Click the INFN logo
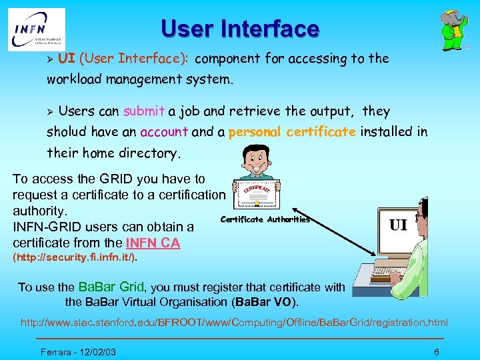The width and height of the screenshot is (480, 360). (37, 29)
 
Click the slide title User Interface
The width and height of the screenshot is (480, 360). (240, 29)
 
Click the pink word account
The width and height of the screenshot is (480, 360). (164, 132)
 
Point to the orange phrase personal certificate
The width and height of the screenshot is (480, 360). (292, 132)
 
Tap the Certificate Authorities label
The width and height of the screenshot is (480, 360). (265, 219)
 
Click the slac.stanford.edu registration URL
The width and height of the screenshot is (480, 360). (234, 323)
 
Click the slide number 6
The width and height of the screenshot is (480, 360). (436, 351)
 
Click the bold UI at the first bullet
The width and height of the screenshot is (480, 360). (66, 59)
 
